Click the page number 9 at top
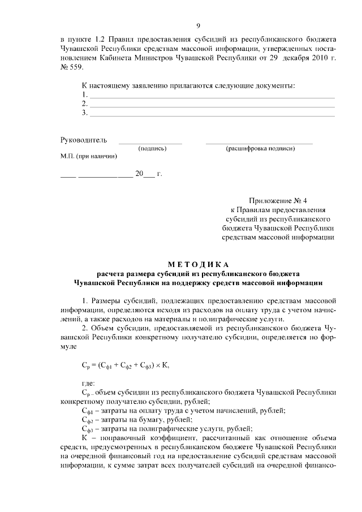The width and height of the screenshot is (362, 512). click(198, 25)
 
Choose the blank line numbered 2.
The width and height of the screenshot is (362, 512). click(213, 105)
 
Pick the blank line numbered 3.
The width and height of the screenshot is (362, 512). click(213, 114)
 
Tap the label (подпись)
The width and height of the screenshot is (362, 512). click(152, 148)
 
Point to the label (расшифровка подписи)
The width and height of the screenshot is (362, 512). click(260, 148)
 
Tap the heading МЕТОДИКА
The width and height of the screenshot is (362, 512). click(198, 264)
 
